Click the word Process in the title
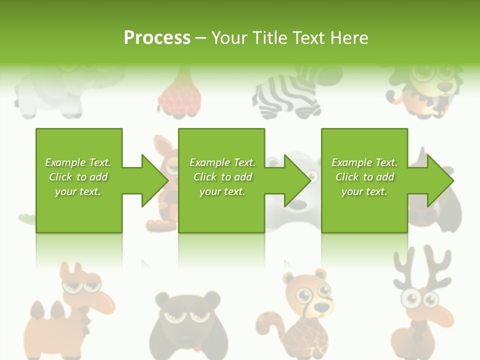click(x=157, y=37)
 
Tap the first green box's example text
click(x=78, y=177)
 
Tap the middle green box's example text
click(x=222, y=177)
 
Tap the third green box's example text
click(x=364, y=177)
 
